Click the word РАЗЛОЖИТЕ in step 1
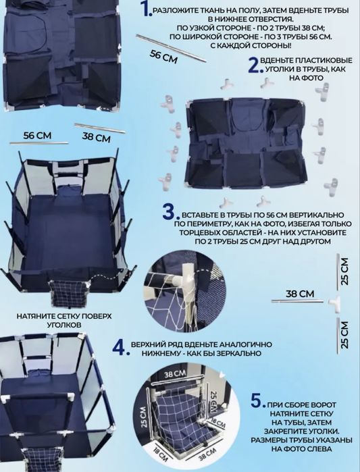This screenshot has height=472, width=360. coord(172,11)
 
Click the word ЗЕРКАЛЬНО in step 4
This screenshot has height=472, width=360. coord(243,353)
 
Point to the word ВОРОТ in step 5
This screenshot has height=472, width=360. coord(324,405)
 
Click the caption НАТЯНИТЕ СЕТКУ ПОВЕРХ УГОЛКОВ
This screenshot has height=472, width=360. coord(63,321)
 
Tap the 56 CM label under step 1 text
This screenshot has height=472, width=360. coord(163,57)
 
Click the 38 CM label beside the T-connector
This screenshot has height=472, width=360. coord(300,294)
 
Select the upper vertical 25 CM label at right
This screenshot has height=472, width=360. coord(345,271)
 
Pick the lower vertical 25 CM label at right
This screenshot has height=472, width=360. coord(345,335)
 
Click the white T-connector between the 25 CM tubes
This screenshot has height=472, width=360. coord(335,301)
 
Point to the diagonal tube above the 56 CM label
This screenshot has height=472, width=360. coord(171,48)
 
